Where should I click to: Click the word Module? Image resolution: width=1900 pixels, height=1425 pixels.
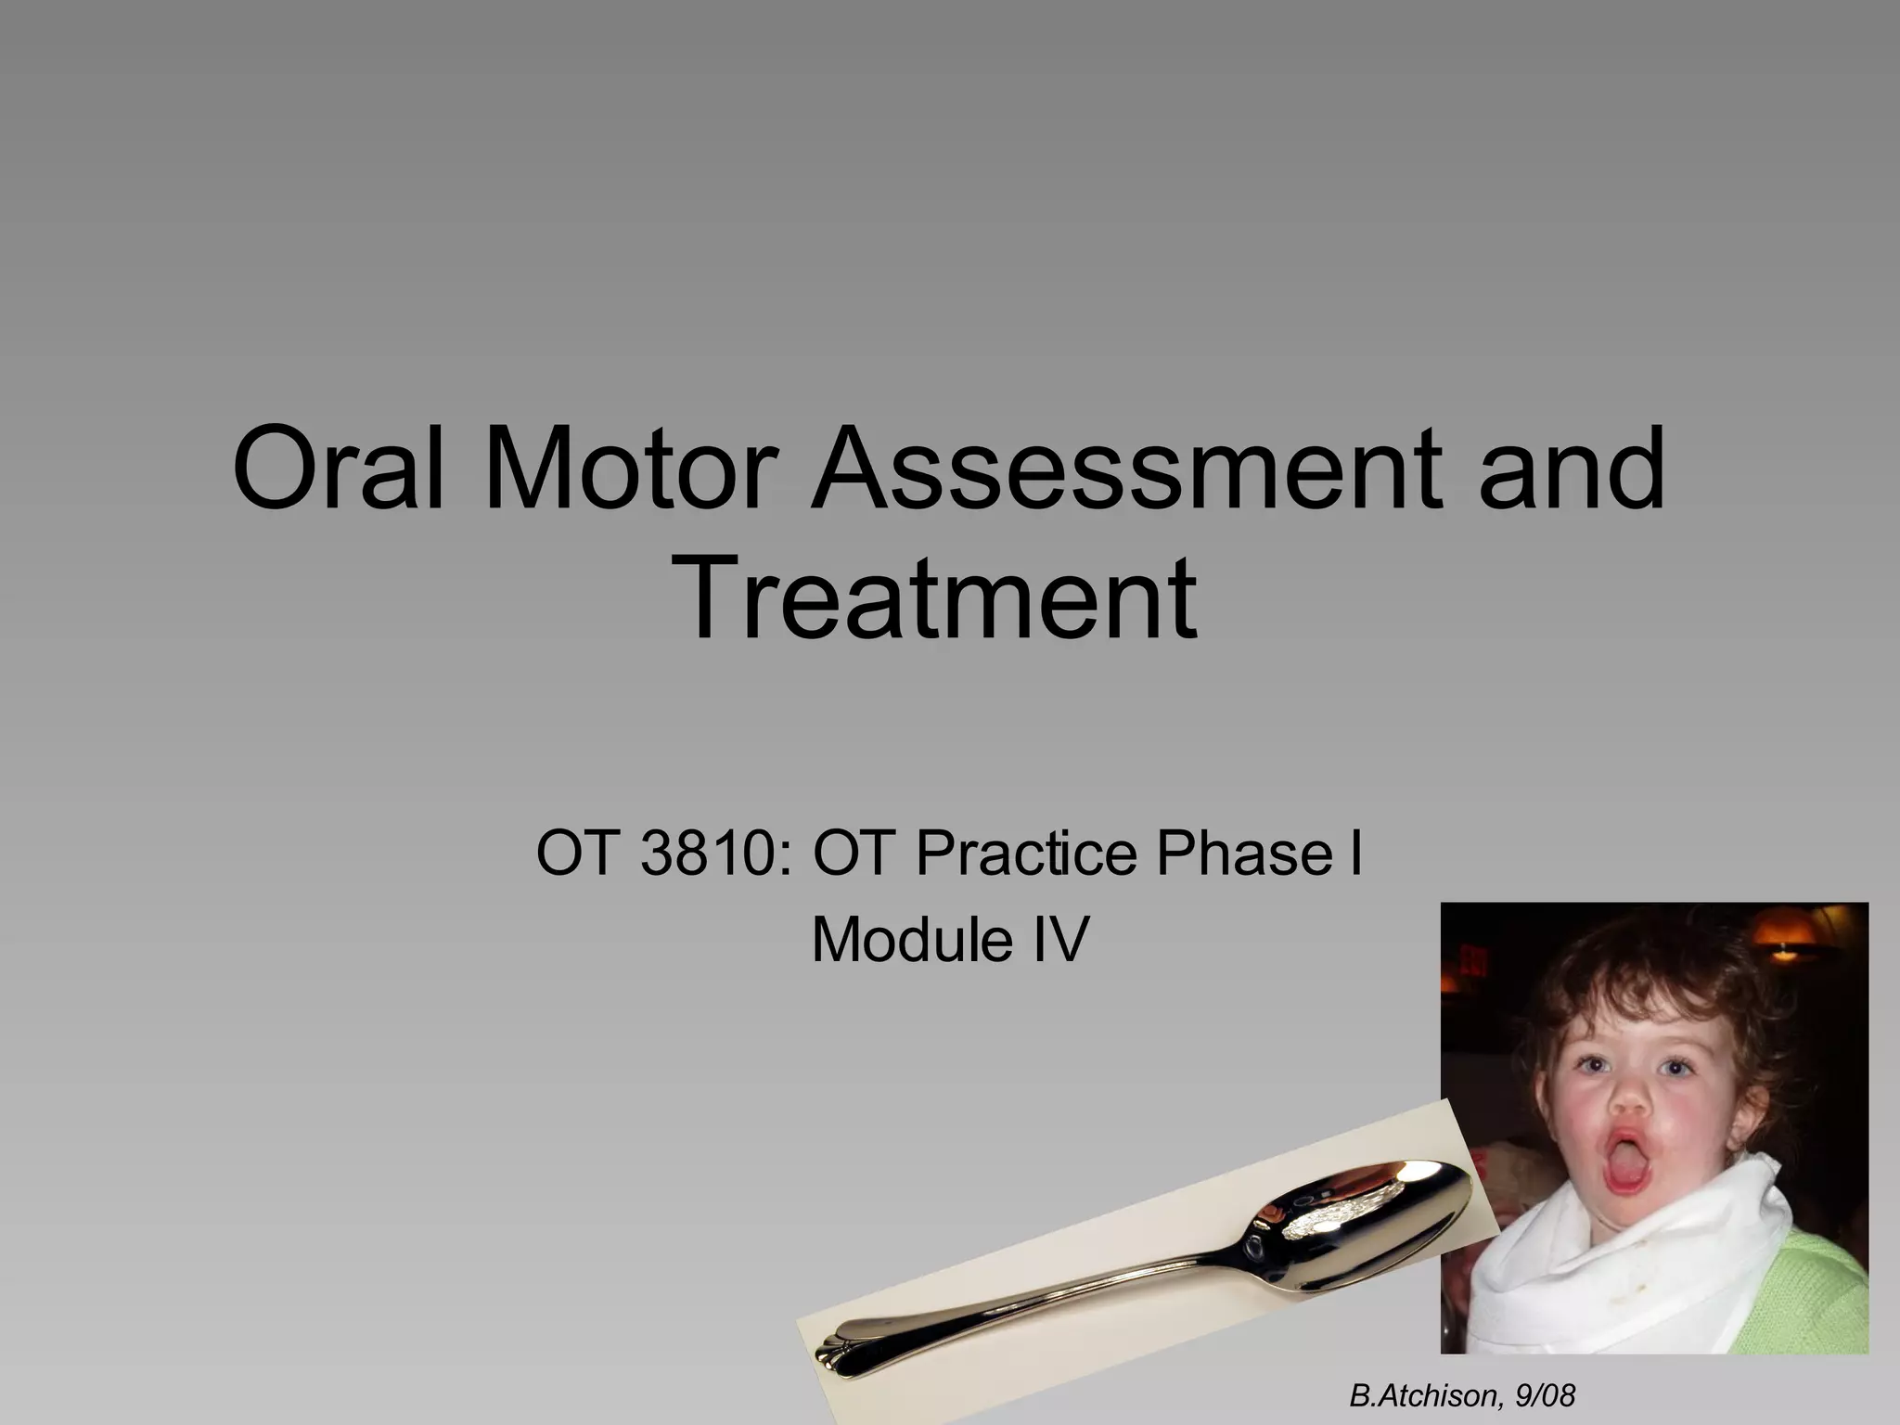tap(912, 940)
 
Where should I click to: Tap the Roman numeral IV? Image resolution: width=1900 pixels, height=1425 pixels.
tap(1057, 940)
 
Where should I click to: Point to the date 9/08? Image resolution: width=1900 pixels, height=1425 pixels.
tap(1544, 1395)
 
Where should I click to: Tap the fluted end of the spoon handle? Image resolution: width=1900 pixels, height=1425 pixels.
tap(840, 1350)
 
